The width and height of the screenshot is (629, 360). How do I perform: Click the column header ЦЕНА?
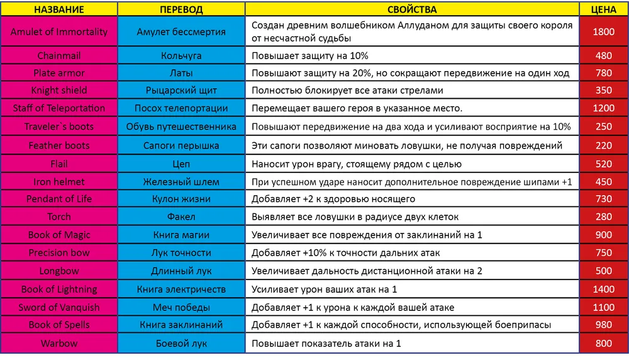(x=603, y=10)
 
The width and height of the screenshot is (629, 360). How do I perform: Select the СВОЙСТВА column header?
(x=412, y=10)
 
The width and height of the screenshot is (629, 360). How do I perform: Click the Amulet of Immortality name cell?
(x=59, y=32)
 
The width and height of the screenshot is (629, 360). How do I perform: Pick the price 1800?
(x=603, y=32)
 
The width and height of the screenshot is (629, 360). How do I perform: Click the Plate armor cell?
(x=59, y=73)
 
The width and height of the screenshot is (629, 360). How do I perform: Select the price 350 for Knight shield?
(x=603, y=91)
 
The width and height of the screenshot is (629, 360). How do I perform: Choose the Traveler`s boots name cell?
(x=59, y=127)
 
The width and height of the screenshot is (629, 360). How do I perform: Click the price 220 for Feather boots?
(x=603, y=145)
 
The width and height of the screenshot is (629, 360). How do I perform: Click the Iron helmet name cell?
(x=59, y=182)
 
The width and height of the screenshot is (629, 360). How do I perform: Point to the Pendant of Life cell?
(x=59, y=199)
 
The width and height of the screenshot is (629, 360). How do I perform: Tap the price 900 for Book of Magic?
(x=603, y=235)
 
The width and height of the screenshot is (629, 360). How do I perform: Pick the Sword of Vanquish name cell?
(x=59, y=307)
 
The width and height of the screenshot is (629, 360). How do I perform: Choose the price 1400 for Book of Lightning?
(x=603, y=290)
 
